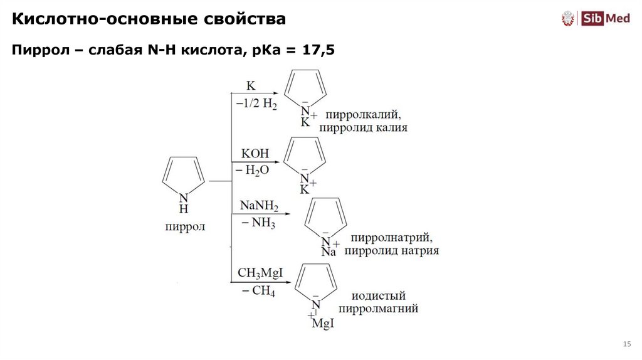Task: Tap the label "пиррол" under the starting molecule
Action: click(185, 226)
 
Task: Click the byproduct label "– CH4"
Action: click(256, 291)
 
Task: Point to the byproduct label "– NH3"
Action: click(256, 223)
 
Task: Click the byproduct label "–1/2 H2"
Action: click(256, 103)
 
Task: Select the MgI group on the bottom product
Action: click(323, 323)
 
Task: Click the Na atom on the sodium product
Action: click(329, 252)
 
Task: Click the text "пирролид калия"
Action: click(363, 128)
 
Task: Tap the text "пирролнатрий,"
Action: click(392, 238)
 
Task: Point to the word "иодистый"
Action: click(379, 295)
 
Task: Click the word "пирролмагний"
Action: click(378, 309)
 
